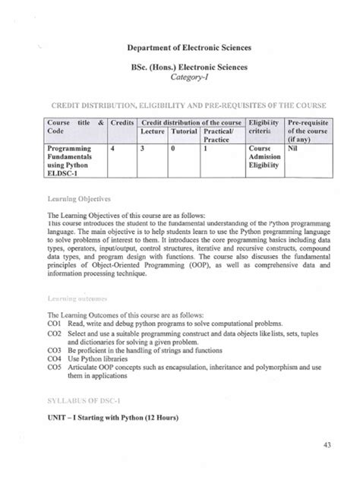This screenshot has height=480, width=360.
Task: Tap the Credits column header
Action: tap(122, 122)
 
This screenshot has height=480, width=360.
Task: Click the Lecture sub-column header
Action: tap(153, 131)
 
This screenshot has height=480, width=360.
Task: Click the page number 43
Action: tap(327, 445)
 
